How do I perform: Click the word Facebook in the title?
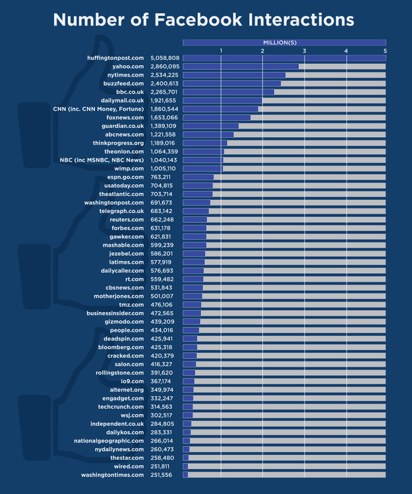coord(187,19)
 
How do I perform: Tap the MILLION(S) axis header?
coord(283,42)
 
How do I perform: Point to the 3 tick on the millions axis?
coord(305,51)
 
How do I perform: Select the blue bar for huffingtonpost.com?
coord(283,58)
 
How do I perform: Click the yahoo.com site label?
coord(128,67)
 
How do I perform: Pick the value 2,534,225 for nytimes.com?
coord(165,75)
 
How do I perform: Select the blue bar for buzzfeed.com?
coord(231,84)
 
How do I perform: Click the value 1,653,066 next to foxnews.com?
coord(165,117)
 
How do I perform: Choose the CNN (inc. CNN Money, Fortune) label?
coord(98,109)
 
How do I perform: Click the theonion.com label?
coord(124,152)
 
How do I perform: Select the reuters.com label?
coord(127,220)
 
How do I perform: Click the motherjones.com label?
coord(119,296)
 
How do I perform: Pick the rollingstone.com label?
coord(119,373)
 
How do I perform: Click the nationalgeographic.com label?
coord(109,441)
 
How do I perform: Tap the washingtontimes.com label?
coord(112,475)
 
